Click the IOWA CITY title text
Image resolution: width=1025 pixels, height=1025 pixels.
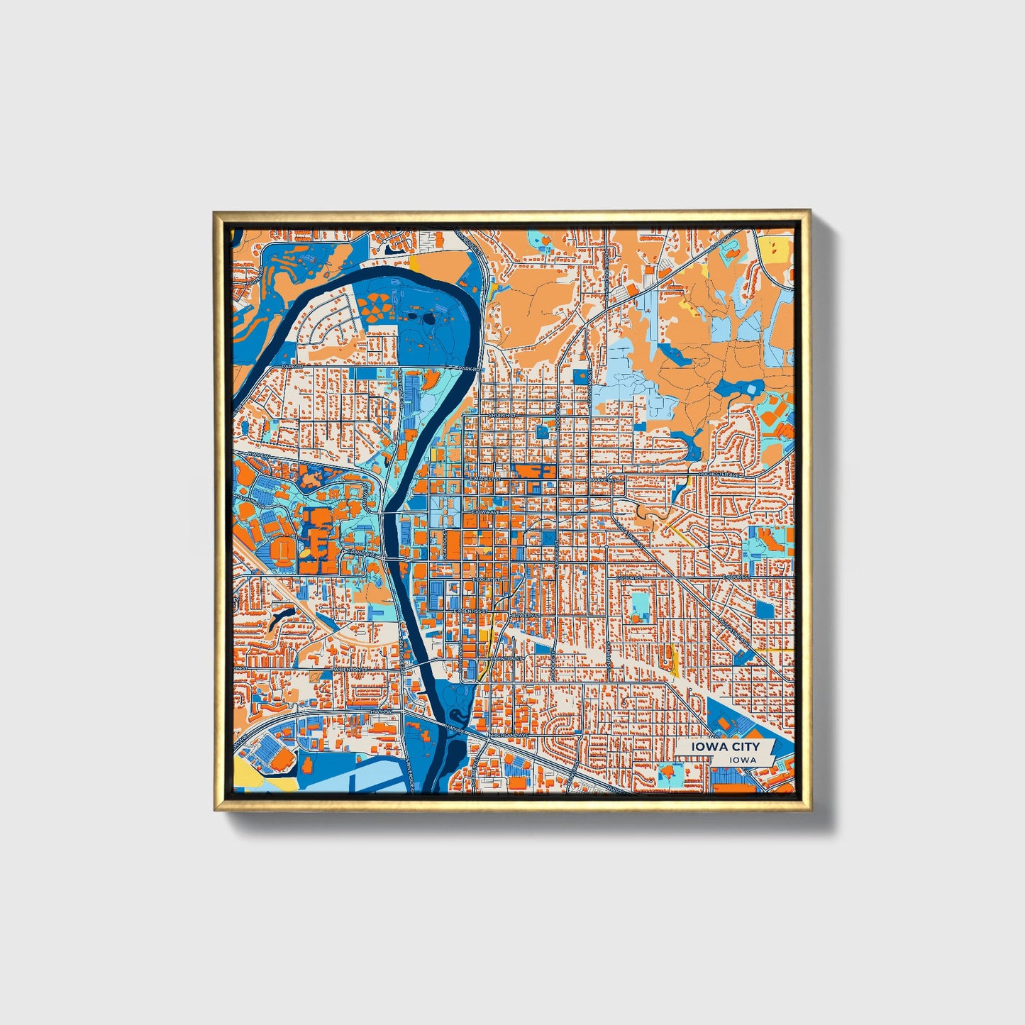point(731,746)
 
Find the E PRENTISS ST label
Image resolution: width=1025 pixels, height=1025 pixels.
point(471,610)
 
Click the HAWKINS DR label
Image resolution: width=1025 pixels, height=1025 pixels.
point(248,500)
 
